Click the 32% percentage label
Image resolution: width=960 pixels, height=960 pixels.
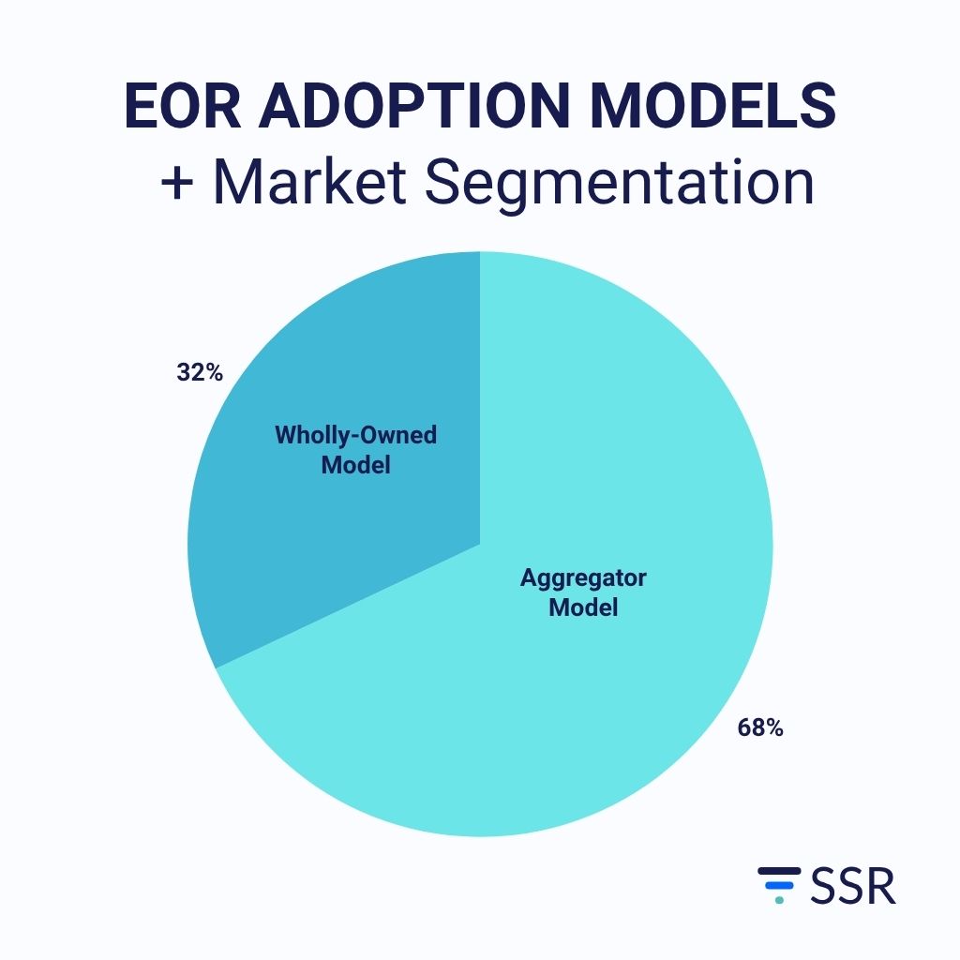200,373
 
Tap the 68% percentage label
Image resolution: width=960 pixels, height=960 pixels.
759,727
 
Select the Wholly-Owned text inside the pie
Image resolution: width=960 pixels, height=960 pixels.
355,435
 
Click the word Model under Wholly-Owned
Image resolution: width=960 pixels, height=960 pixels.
355,465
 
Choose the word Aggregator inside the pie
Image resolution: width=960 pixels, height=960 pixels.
583,577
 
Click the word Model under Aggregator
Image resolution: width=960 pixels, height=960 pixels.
583,607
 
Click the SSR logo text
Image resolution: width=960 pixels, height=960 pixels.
852,887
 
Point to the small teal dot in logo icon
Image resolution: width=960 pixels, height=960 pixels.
778,900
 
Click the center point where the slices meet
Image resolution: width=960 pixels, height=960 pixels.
480,544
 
